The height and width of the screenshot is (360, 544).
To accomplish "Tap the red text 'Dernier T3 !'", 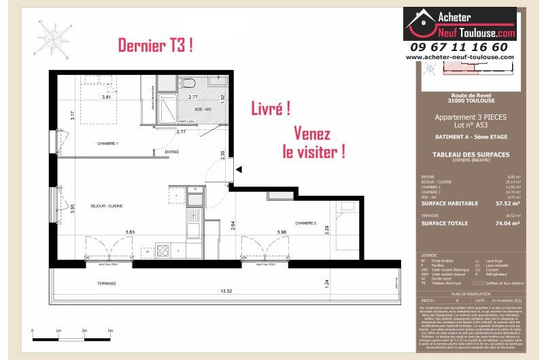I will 155,46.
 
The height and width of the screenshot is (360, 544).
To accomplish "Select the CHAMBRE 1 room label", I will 108,144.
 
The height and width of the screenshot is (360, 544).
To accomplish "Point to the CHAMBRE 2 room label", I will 305,223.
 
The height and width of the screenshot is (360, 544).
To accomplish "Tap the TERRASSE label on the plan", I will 106,283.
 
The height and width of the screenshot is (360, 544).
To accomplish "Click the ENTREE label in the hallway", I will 171,152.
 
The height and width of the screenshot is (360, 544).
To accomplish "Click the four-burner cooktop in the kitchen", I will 163,250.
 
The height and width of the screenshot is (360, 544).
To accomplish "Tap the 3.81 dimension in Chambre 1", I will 106,97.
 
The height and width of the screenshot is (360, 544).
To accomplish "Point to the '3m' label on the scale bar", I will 111,330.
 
